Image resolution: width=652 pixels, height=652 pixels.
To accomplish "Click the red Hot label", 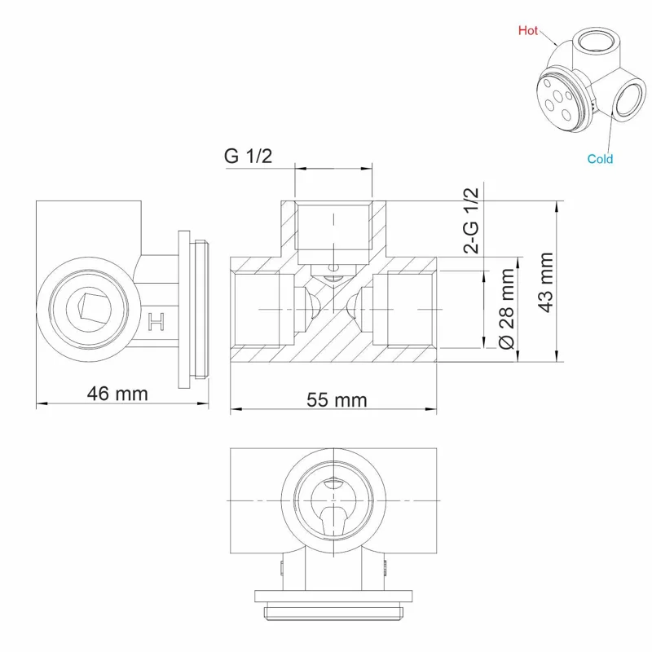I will pyautogui.click(x=528, y=30).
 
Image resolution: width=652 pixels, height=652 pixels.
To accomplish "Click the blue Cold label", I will pyautogui.click(x=600, y=159).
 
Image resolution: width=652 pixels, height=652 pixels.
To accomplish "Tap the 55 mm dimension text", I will pyautogui.click(x=337, y=399).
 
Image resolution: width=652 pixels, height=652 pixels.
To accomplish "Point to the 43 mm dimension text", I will pyautogui.click(x=546, y=282).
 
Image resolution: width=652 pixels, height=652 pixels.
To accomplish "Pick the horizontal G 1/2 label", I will pyautogui.click(x=248, y=156).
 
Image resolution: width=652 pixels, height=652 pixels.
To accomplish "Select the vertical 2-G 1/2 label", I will pyautogui.click(x=471, y=219).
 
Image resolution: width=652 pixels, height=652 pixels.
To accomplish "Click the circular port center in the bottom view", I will pyautogui.click(x=335, y=499).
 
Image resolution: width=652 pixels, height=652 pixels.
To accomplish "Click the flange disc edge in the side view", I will pyautogui.click(x=185, y=310).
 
